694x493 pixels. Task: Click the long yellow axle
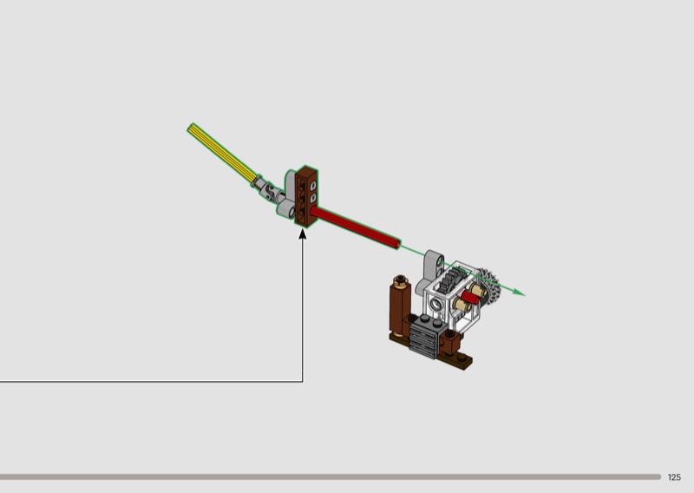221,153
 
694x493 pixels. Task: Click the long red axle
355,227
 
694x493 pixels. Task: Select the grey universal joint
268,189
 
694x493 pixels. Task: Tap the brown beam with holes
306,196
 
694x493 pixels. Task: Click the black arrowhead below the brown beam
303,233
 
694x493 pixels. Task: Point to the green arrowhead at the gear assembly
519,292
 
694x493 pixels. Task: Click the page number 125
674,477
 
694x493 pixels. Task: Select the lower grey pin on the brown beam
313,198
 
